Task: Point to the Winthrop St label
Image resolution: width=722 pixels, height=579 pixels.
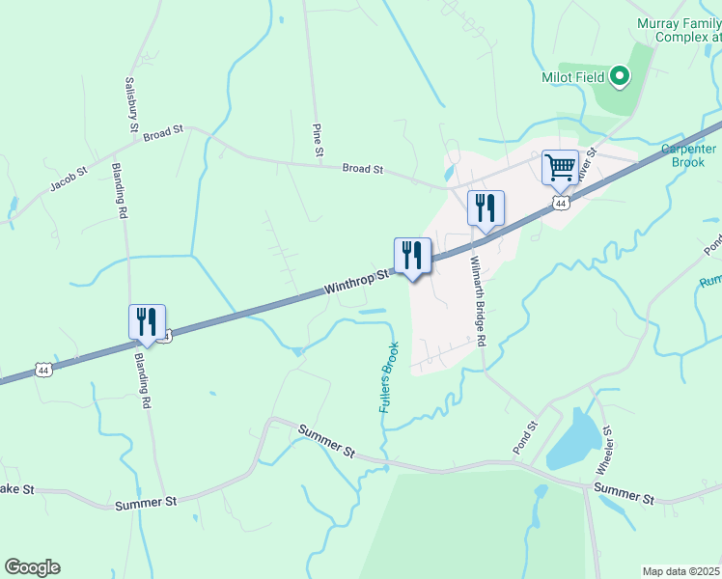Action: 356,281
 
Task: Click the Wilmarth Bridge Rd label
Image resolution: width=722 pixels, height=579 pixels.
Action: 476,301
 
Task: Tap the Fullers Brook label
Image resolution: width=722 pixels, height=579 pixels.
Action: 389,378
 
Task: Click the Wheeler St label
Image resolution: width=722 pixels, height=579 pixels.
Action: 604,450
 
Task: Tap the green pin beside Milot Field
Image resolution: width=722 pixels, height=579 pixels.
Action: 619,75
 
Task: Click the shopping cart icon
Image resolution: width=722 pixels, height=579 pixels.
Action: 560,167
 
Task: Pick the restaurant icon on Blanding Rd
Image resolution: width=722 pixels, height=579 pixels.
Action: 147,321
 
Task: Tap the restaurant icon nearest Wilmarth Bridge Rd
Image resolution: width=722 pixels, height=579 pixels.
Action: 486,207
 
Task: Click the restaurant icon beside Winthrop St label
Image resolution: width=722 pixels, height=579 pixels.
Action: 412,256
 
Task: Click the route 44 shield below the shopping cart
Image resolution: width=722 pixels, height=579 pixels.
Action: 561,203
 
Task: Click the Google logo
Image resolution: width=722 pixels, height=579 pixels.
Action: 32,567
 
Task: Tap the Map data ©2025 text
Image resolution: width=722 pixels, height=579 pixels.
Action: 681,571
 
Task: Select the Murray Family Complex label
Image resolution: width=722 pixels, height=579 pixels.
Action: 679,30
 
